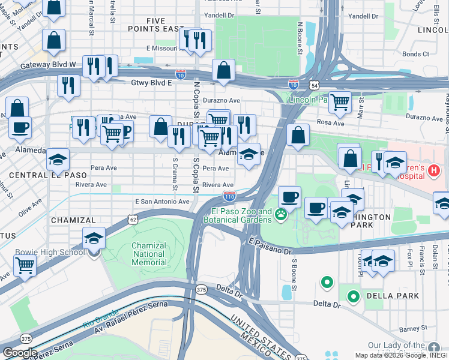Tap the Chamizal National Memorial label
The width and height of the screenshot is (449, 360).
148,254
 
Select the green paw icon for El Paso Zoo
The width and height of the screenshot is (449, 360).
280,214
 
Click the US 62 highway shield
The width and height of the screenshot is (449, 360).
133,220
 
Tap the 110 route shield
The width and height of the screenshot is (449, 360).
229,196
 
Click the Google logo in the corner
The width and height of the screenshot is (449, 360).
20,353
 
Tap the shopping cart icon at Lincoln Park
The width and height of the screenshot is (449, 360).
340,103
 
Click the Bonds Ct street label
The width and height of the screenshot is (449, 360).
415,54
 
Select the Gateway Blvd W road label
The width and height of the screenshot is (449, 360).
48,65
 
